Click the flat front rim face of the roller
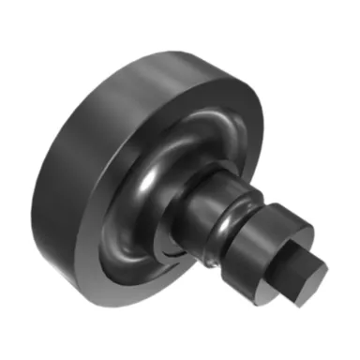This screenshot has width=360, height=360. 103,272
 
